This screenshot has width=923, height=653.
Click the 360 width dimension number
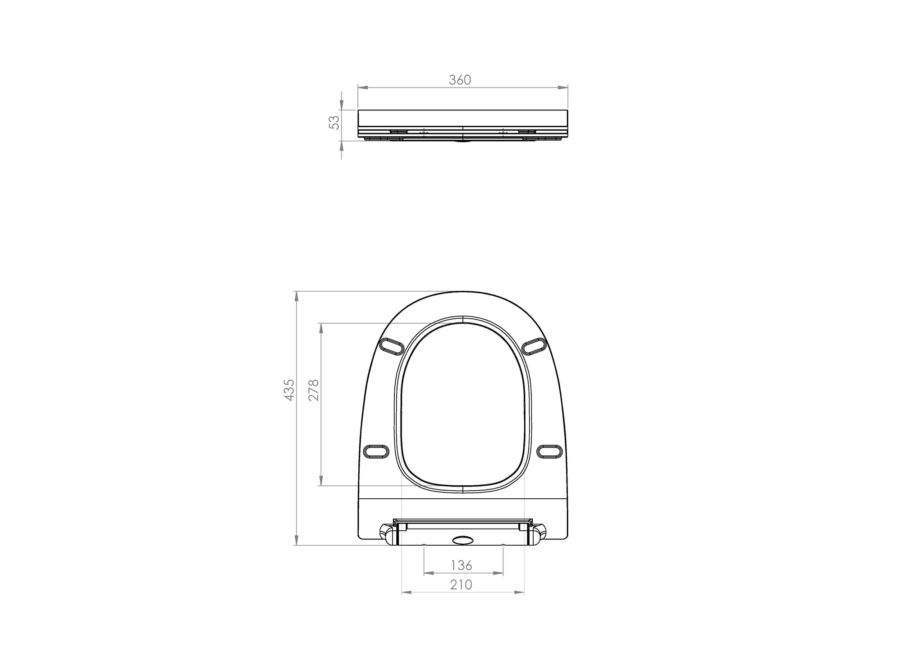coord(460,80)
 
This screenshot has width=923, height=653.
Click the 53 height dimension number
coord(334,123)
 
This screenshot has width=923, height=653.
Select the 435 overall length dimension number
coord(289,390)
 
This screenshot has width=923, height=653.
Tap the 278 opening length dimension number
coord(313,390)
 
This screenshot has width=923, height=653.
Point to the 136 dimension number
coord(461,565)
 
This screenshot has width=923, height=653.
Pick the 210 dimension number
coord(461,585)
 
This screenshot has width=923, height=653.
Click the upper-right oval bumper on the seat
coord(534,346)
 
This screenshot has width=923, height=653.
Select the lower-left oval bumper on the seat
coord(376,451)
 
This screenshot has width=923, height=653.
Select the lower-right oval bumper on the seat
coord(550,451)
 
